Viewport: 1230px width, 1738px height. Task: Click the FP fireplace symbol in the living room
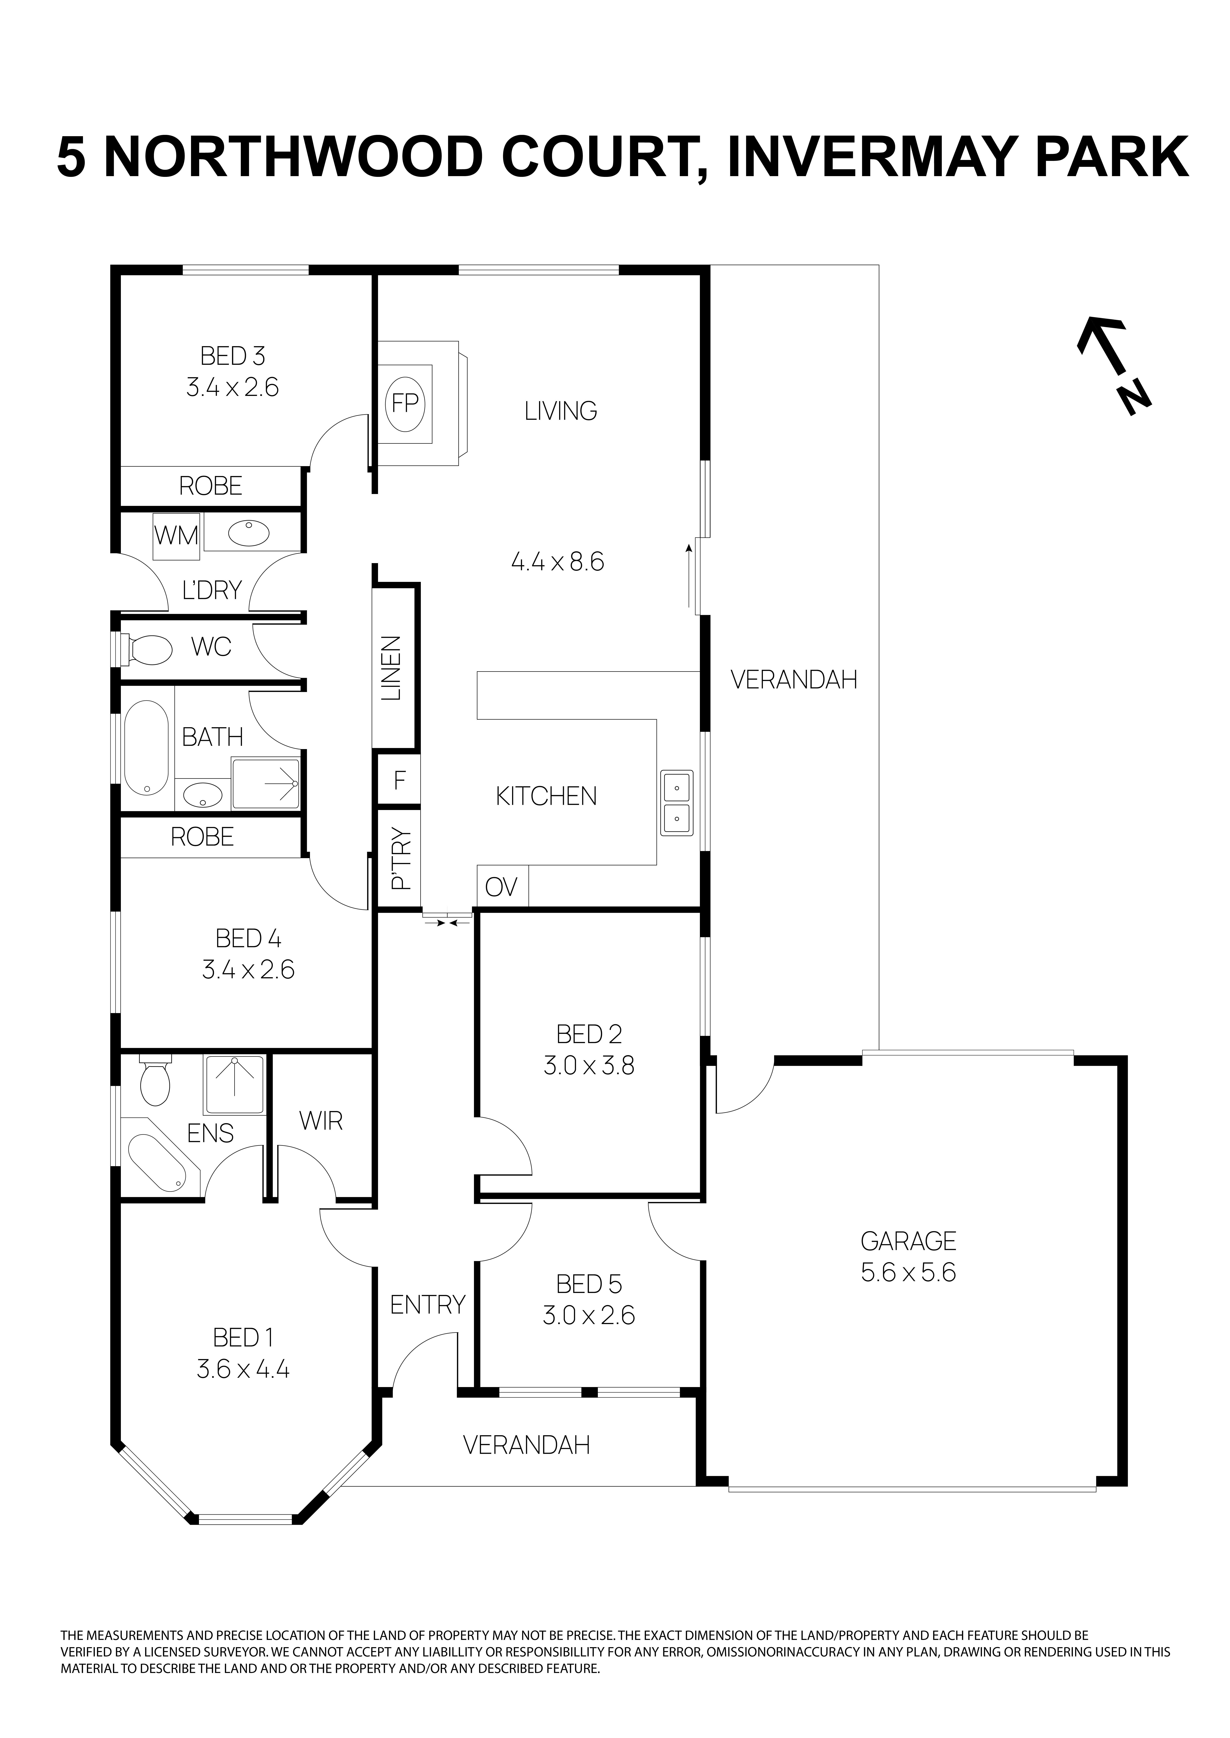pos(405,404)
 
